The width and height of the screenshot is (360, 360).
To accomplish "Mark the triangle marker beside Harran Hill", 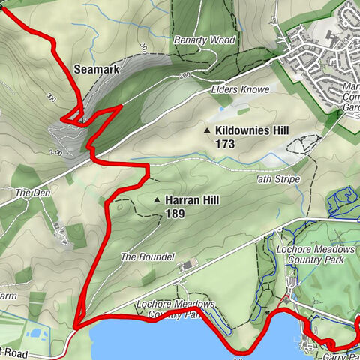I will (x=157, y=201).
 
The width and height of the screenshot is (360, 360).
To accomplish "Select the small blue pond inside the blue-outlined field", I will (x=35, y=333).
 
